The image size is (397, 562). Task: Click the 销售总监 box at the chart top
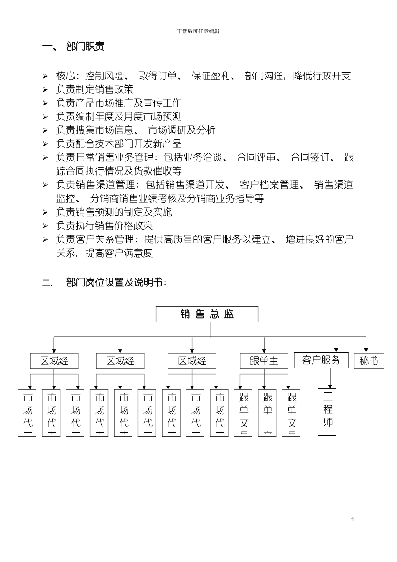(207, 314)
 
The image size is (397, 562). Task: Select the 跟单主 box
(264, 361)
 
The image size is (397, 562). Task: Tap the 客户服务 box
(321, 360)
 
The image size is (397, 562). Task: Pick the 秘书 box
(369, 361)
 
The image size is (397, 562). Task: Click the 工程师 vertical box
(327, 412)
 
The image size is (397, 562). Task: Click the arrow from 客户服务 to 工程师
(330, 380)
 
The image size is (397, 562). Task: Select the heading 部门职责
(85, 46)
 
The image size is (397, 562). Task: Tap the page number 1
(353, 519)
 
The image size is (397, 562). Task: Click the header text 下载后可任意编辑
(198, 31)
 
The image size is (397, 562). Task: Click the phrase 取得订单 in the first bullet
(158, 76)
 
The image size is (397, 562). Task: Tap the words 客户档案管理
(269, 185)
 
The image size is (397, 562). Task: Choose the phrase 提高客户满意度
(119, 253)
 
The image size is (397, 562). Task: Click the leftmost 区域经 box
(54, 361)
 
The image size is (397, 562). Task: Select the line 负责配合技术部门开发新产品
(119, 144)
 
